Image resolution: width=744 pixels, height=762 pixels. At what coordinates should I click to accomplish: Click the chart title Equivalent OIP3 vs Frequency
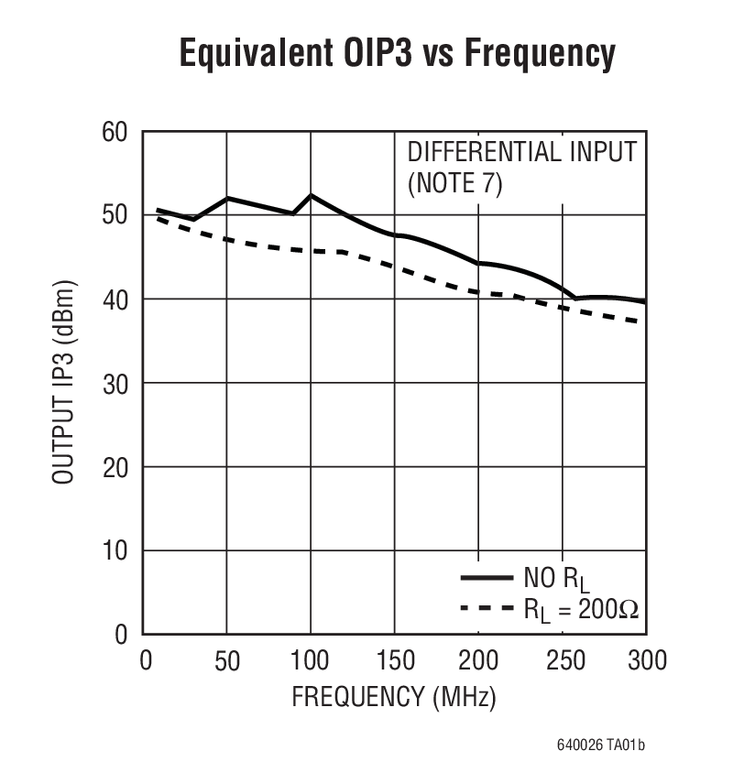(396, 54)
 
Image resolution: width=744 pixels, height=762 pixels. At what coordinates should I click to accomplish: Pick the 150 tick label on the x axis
(395, 659)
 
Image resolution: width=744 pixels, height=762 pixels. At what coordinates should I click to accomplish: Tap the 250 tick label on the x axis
(562, 659)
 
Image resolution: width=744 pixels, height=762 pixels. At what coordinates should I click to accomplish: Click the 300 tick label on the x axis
(645, 659)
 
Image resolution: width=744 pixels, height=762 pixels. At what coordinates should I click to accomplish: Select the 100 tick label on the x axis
(311, 659)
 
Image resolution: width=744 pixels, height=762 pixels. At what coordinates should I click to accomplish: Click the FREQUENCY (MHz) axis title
(394, 698)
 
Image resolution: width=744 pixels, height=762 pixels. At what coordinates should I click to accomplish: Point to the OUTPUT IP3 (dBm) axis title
(62, 383)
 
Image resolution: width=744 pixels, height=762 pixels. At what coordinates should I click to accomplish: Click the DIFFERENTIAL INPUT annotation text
(521, 152)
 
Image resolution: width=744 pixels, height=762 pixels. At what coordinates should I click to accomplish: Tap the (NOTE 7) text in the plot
(455, 183)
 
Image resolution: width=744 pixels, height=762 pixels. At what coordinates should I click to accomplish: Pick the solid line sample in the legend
(486, 577)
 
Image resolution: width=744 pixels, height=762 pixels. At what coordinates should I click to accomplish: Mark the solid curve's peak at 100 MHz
(311, 195)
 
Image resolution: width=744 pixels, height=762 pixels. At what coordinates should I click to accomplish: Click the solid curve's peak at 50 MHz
(227, 198)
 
